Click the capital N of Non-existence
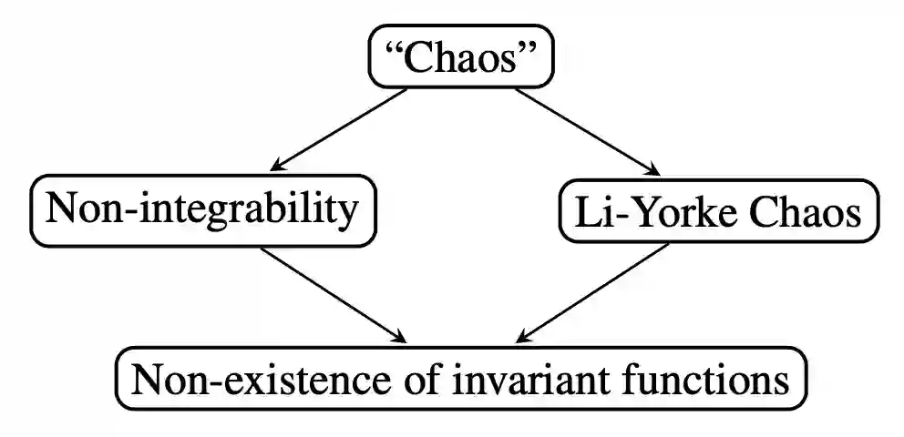(147, 378)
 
